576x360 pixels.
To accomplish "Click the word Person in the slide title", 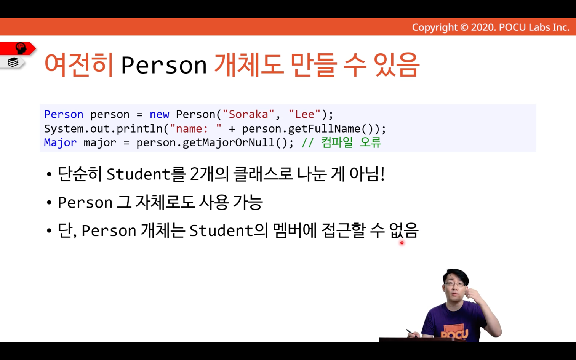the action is (x=164, y=65).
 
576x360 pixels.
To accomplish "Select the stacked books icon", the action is (x=13, y=62).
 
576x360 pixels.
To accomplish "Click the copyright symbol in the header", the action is (x=464, y=27).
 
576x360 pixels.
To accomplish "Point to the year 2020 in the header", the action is (x=483, y=27).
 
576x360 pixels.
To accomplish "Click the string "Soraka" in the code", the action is (x=248, y=114).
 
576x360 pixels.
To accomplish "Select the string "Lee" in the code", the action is (x=304, y=114).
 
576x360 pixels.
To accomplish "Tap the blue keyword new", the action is (x=159, y=114).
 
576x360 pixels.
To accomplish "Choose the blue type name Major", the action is (x=61, y=142).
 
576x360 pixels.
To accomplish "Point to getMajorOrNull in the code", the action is (x=228, y=142).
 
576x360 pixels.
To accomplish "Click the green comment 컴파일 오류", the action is (x=351, y=142).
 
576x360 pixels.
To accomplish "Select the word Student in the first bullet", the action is (x=138, y=174).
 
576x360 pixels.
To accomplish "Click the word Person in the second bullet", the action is (x=85, y=202).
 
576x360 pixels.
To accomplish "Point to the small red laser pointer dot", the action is (x=402, y=243).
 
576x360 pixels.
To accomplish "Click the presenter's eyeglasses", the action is (x=454, y=284).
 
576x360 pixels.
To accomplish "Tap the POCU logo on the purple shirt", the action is (x=454, y=333).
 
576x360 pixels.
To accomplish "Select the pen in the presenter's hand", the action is (x=411, y=333).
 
